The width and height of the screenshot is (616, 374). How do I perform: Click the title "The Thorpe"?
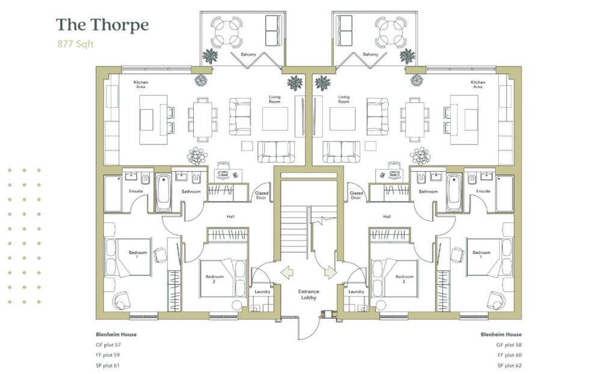tap(102, 25)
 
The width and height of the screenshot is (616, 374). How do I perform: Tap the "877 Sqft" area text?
tap(76, 44)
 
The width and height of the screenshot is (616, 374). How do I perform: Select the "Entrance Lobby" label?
tap(309, 295)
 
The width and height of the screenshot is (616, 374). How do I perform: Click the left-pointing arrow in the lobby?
tap(287, 273)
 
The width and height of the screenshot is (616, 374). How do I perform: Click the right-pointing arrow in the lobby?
tap(330, 273)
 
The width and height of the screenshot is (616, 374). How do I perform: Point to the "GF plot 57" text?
tap(108, 345)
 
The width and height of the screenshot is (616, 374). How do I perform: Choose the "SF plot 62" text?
tap(509, 366)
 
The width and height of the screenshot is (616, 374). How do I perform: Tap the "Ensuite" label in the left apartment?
tap(136, 191)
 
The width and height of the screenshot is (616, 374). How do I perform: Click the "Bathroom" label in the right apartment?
tap(428, 191)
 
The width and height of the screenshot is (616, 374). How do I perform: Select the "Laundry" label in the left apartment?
tap(262, 291)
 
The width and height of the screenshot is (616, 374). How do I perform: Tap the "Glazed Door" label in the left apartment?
tap(261, 195)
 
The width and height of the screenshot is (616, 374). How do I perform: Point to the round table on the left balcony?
tap(227, 32)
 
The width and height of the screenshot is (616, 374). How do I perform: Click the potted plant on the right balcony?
tap(407, 57)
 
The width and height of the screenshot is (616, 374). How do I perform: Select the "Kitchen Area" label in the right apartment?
tap(478, 84)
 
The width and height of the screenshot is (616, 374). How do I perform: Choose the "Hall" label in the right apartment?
tap(387, 216)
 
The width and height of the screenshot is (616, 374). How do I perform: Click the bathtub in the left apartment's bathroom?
tap(163, 193)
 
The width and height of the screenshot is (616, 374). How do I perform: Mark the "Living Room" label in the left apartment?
tap(274, 99)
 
